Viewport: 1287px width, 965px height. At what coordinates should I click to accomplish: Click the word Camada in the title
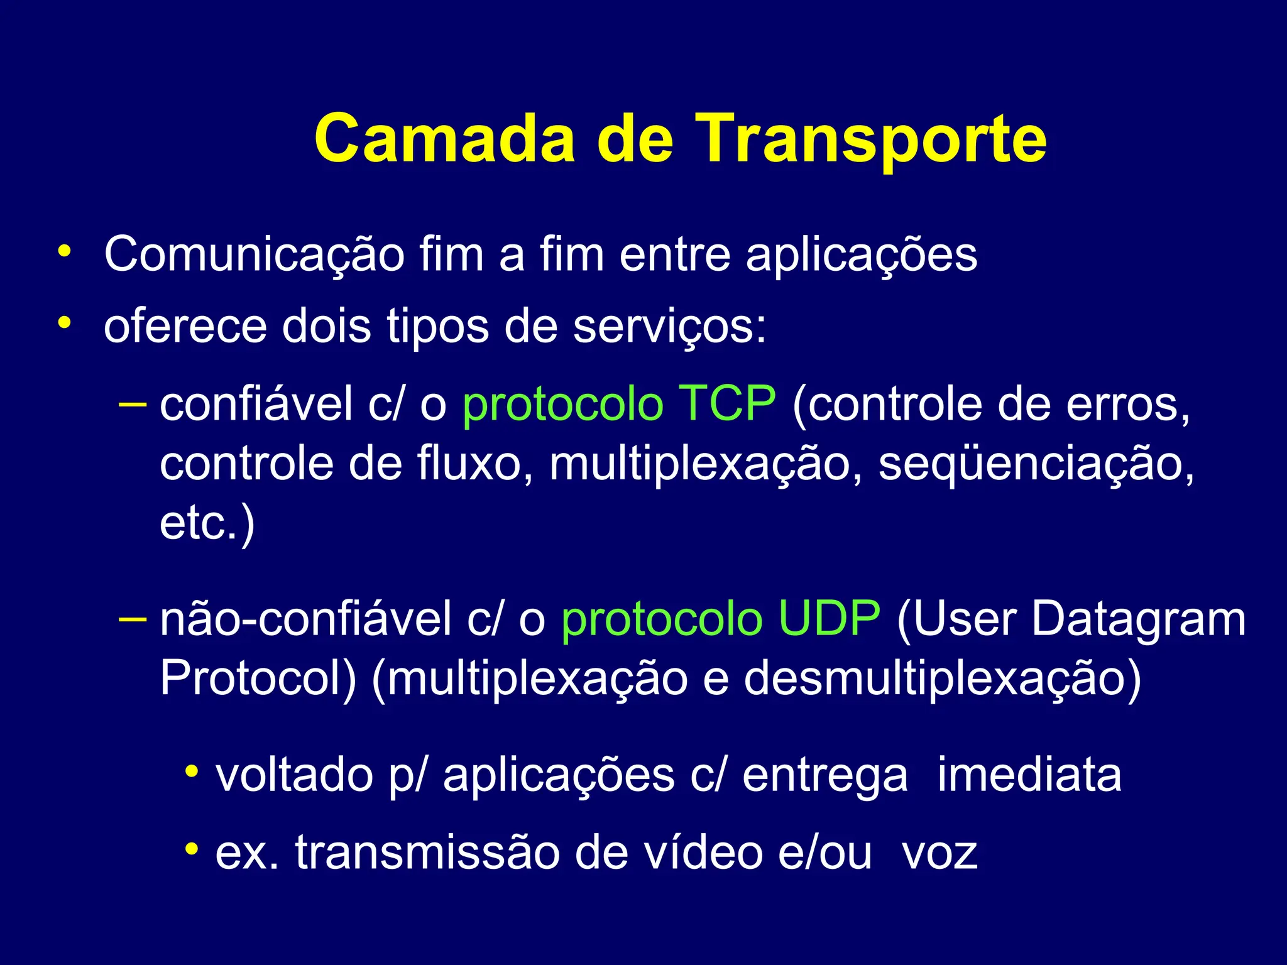click(x=444, y=139)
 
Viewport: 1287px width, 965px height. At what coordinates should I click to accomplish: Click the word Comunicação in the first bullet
click(x=254, y=255)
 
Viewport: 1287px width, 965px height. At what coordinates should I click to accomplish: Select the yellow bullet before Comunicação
click(x=63, y=251)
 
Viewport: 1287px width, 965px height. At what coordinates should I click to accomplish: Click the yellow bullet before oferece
click(x=63, y=323)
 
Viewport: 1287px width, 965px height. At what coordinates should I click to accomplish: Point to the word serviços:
click(x=670, y=327)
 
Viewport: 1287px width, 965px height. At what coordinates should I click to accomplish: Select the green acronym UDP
click(x=829, y=619)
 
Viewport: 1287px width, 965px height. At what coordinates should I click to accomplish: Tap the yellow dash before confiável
click(x=132, y=403)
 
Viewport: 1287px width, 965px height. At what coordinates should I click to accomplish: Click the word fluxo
click(x=477, y=463)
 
